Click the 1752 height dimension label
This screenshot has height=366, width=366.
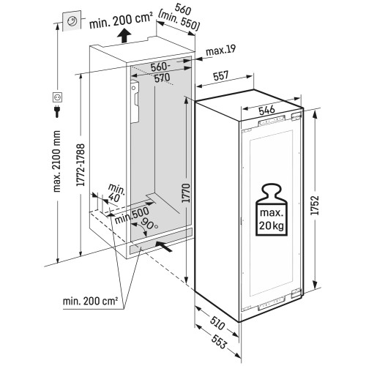point(316,205)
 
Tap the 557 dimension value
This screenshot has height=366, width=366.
point(221,75)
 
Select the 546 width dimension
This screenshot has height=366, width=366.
point(266,110)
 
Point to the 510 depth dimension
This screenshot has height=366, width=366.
point(217,323)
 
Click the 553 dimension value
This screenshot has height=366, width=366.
point(219,341)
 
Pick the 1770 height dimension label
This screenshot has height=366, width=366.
point(186,193)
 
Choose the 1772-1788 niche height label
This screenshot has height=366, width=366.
point(81,165)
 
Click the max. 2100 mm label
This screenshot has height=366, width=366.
point(56,161)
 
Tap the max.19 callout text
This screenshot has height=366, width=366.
point(221,51)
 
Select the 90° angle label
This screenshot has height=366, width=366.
point(149,224)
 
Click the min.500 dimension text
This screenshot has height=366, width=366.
point(132,215)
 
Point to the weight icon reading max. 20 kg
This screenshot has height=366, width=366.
point(272,209)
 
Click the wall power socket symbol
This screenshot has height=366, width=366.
point(58,97)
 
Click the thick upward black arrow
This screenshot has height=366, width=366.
point(124,35)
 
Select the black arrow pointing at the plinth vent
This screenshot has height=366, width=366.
point(163,246)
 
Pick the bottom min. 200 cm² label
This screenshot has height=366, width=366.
point(91,301)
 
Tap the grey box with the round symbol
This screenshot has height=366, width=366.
point(72,20)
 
